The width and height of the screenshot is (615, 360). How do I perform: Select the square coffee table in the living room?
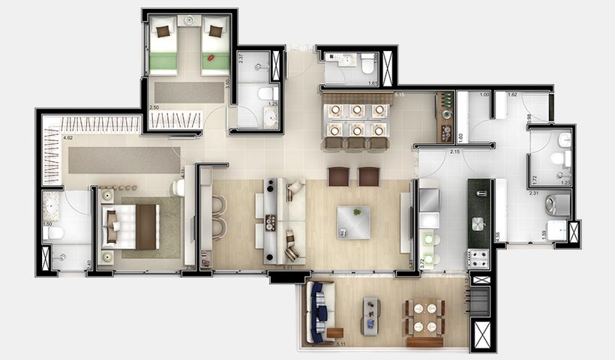(x=353, y=222)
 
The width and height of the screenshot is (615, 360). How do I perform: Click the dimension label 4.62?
(x=67, y=138)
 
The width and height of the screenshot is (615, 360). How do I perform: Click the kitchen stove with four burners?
(x=478, y=259)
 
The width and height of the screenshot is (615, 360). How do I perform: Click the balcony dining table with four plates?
(x=425, y=316)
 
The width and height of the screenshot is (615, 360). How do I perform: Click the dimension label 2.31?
(x=534, y=193)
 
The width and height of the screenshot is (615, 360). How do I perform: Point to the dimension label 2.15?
(x=454, y=152)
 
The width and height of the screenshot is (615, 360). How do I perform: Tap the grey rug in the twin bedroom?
(x=188, y=91)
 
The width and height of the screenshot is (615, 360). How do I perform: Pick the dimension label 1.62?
(x=513, y=95)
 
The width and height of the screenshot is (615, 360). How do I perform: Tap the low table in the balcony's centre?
(x=371, y=314)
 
